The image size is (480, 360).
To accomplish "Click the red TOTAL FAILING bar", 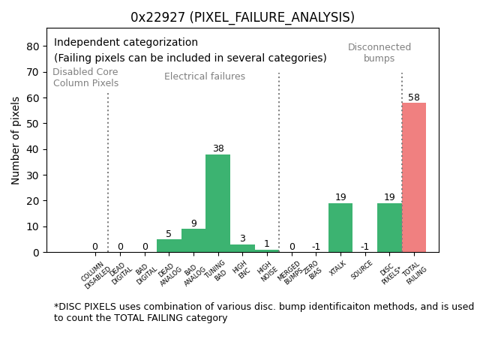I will pos(413,178).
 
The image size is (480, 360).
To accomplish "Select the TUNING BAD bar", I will pos(217,203).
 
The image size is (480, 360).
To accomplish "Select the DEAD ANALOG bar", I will pos(169,245).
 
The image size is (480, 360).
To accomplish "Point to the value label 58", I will pos(414,97).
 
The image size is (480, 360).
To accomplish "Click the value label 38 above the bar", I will pos(218,148).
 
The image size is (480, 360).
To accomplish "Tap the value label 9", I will pos(193,223).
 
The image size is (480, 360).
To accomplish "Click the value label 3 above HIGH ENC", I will pos(242,238).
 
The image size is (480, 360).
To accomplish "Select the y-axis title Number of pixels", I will pos(16,140).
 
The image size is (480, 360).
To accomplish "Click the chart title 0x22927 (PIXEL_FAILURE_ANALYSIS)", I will pos(242,17).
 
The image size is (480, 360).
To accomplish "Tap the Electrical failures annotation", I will pos(205,76).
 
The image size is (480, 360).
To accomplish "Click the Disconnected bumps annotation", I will pos(379,53).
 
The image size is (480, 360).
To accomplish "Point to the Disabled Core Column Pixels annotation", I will pos(85,78).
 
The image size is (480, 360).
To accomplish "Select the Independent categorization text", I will pos(126,43).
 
